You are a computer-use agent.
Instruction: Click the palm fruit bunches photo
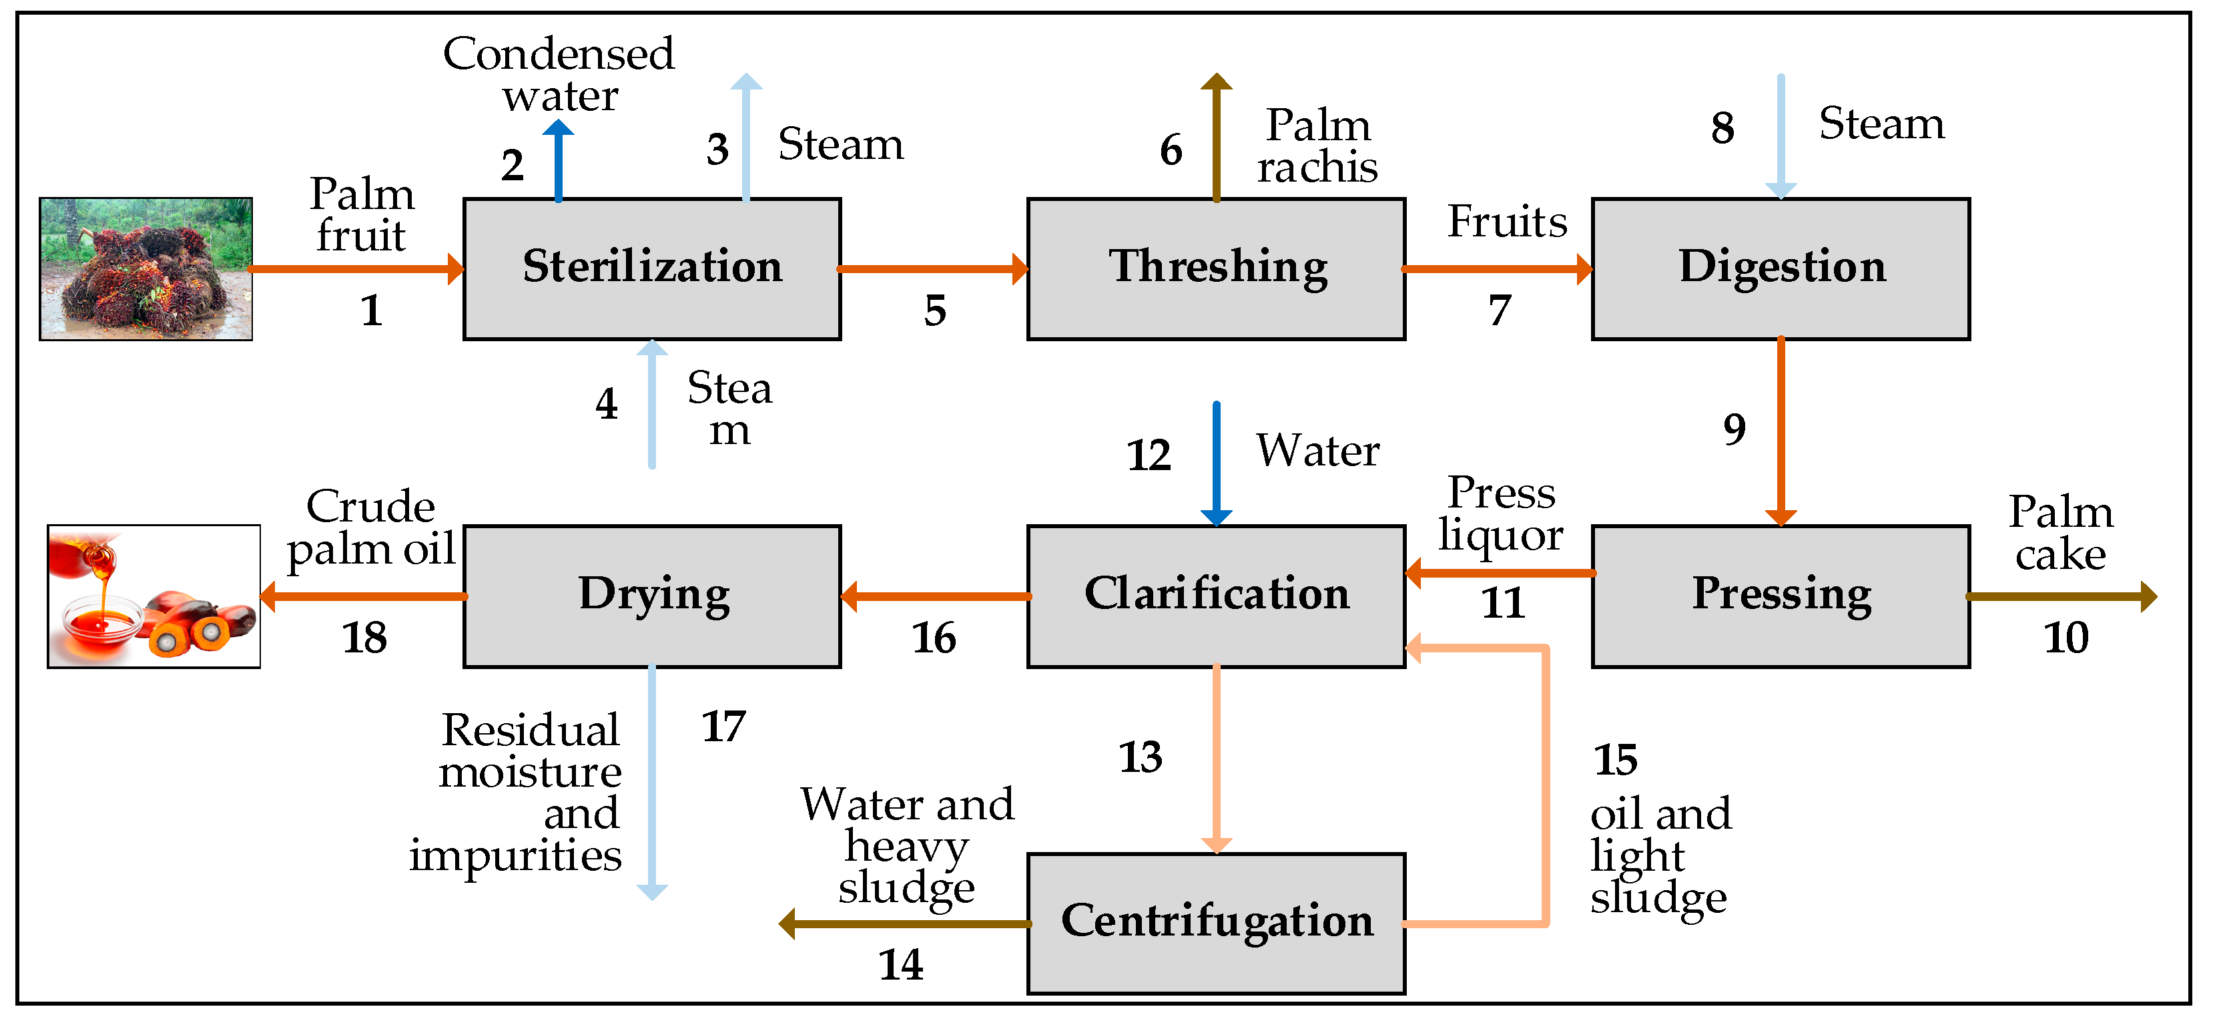click(x=145, y=268)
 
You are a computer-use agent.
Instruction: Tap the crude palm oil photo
click(x=153, y=596)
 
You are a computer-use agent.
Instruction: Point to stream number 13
click(x=1140, y=757)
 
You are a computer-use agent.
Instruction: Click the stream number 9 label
click(x=1734, y=429)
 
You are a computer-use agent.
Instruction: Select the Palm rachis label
click(x=1317, y=146)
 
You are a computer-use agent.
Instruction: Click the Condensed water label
click(x=559, y=74)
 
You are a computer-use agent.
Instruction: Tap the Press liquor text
click(x=1500, y=514)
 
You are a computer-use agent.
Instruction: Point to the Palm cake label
click(x=2060, y=534)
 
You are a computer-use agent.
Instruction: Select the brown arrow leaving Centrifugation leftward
click(x=903, y=924)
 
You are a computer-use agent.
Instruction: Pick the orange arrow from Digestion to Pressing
click(x=1780, y=430)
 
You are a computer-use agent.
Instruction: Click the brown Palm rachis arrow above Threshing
click(x=1216, y=138)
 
